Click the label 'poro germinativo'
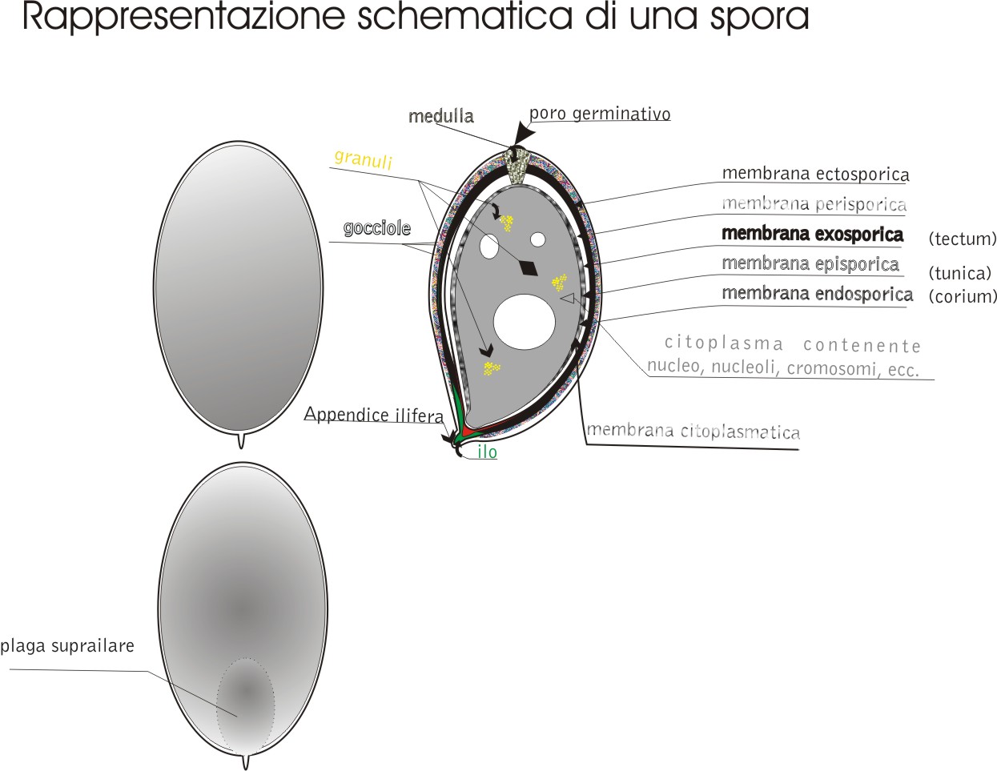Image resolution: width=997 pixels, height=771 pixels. coord(600,114)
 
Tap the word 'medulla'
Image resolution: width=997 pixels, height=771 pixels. coord(441,116)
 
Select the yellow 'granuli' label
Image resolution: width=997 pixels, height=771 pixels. coord(364,159)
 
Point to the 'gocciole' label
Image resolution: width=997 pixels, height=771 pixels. coord(376,228)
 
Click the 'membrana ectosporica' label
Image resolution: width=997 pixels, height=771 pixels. coord(815,174)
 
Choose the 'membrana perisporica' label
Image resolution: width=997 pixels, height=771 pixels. coord(814,203)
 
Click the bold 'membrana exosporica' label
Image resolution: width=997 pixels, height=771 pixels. coord(813,234)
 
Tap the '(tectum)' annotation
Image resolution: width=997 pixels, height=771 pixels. coord(962,239)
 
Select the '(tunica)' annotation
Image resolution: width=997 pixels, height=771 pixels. coord(960,273)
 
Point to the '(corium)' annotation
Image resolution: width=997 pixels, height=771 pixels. coord(962,296)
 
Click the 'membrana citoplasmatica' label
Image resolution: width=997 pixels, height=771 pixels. coord(693,432)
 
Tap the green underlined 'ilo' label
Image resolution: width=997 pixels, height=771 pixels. coord(487,452)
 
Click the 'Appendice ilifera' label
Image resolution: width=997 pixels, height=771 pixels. coord(374,415)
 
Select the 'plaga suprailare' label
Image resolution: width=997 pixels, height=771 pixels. coord(67,646)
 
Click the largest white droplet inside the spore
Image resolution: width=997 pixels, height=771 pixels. coord(525,322)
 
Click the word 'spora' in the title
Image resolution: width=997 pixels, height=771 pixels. coord(759,17)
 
